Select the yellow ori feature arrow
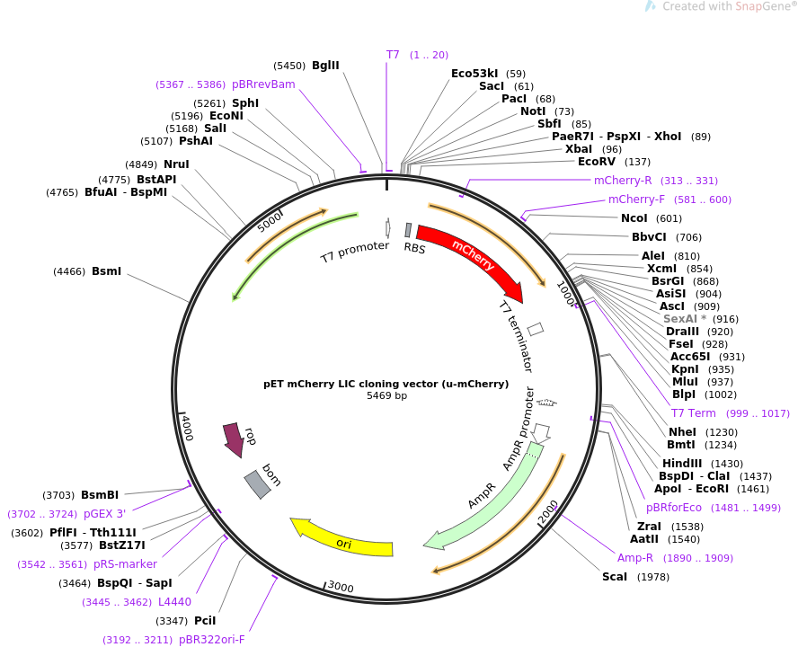click(342, 539)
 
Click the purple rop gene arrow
click(234, 439)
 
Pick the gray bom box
click(257, 483)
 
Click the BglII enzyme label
click(325, 66)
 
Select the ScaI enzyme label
click(615, 577)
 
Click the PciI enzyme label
click(205, 621)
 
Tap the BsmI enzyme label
click(106, 271)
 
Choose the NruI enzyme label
click(176, 164)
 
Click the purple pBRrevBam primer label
click(263, 84)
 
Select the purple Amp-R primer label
click(635, 558)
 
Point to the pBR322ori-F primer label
click(211, 640)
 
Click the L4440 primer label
click(174, 602)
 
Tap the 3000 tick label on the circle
click(340, 587)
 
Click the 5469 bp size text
click(386, 395)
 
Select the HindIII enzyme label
click(683, 464)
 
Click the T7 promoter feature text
click(355, 253)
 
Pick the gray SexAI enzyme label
click(684, 319)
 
